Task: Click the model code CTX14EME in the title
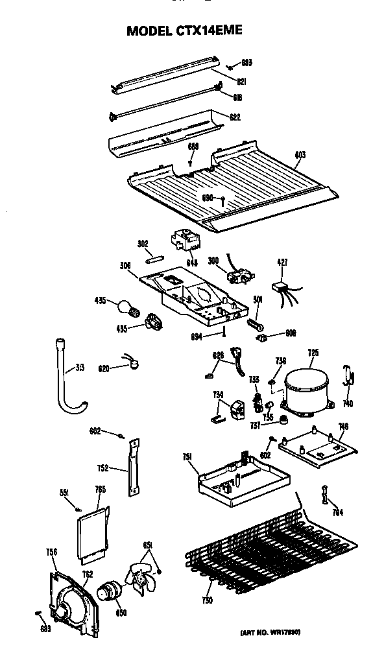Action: click(x=210, y=30)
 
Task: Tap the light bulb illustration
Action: click(x=126, y=306)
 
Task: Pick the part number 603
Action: click(x=300, y=156)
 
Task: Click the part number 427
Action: click(x=282, y=263)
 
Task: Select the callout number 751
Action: click(x=188, y=458)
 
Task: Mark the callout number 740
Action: click(x=348, y=403)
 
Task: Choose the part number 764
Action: click(x=337, y=513)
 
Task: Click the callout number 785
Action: click(x=100, y=490)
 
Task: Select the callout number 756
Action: click(x=52, y=552)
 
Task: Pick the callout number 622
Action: click(x=235, y=117)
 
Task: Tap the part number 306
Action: click(x=125, y=265)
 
